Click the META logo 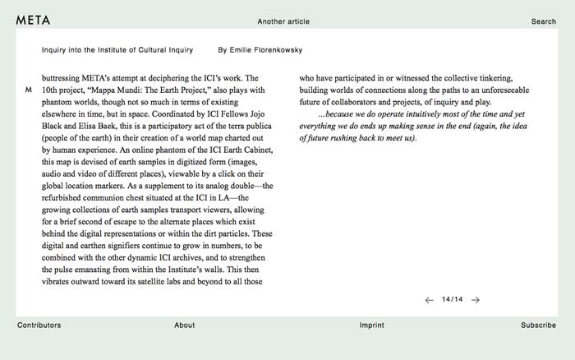coord(33,21)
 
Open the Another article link coord(283,21)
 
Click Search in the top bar coord(543,21)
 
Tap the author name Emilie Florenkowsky coord(260,50)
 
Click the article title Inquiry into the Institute coord(117,50)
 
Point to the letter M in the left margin coord(29,89)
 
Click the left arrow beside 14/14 coord(429,300)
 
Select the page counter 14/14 coord(452,299)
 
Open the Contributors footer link coord(39,325)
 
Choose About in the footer coord(185,325)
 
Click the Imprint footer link coord(371,325)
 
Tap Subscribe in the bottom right coord(538,325)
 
